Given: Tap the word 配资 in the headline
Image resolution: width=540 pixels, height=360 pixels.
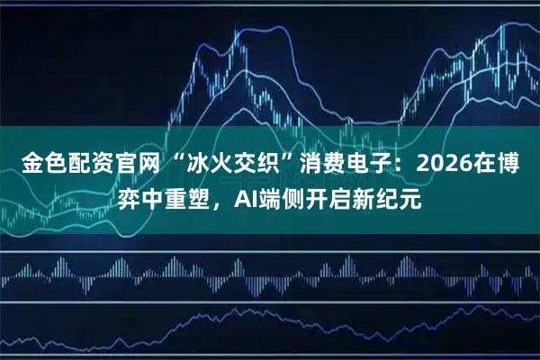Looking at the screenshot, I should (x=82, y=164).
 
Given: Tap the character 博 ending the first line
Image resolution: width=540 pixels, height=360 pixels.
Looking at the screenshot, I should (x=509, y=164).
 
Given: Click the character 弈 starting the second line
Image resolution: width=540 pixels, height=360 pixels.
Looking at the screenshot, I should (x=131, y=198).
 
